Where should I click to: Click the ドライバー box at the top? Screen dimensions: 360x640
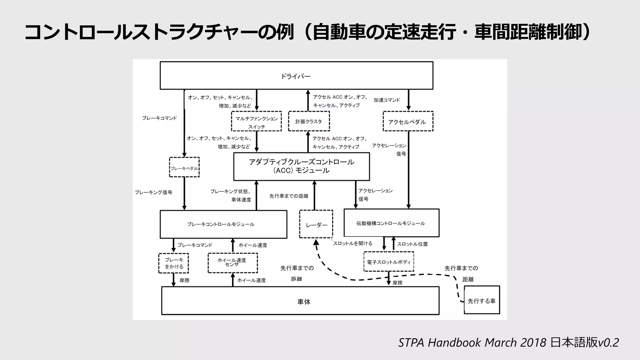[x=296, y=76]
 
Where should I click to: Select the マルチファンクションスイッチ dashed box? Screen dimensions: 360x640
[x=256, y=121]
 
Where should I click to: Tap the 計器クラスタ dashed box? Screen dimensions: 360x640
[x=309, y=121]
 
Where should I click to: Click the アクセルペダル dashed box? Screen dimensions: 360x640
[x=408, y=121]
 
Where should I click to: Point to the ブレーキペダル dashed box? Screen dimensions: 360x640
[x=184, y=167]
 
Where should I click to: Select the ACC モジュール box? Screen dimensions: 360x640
[x=302, y=167]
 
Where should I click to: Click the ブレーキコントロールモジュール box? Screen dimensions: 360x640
[x=223, y=224]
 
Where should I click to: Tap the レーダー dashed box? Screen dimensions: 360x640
[x=316, y=224]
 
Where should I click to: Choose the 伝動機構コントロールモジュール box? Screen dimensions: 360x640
[x=391, y=223]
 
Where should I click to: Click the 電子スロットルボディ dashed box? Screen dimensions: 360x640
[x=389, y=262]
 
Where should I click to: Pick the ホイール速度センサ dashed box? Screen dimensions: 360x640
[x=233, y=263]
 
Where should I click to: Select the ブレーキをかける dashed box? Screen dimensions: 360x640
[x=173, y=263]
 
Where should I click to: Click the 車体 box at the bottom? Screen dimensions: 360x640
[x=300, y=301]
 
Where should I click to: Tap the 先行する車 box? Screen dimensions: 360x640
[x=482, y=300]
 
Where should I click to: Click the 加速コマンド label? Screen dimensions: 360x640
[x=387, y=100]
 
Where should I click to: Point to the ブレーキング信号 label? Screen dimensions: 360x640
[x=153, y=192]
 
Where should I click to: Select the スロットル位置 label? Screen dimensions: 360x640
[x=412, y=244]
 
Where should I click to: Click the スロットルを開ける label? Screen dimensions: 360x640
[x=352, y=243]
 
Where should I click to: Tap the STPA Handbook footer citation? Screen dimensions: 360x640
[x=508, y=342]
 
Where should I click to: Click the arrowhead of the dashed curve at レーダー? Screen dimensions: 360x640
[x=316, y=242]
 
